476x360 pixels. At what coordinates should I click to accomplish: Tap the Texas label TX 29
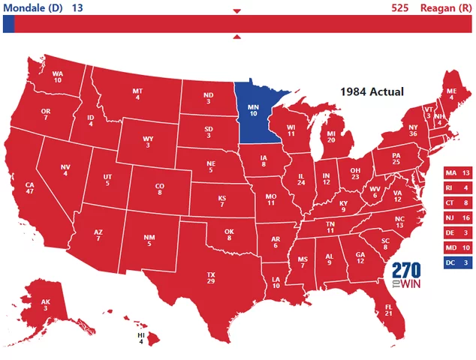211,277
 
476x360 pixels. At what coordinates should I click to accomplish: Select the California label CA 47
31,187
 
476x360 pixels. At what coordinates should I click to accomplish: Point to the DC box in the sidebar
458,262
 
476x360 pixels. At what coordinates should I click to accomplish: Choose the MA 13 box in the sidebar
458,172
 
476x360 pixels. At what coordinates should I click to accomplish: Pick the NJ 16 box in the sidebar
458,217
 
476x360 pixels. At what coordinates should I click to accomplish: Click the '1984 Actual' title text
372,91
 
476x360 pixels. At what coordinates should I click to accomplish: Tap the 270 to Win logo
406,277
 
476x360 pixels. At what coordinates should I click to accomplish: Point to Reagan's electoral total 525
400,7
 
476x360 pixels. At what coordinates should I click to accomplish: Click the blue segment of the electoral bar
8,24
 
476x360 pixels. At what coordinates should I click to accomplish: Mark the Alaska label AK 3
46,304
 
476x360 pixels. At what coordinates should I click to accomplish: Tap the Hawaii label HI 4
140,338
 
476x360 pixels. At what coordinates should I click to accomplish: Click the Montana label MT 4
137,94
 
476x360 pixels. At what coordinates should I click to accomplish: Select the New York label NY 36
411,132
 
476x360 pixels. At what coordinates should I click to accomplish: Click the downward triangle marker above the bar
237,11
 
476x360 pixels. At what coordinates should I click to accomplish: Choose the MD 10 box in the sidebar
458,247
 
